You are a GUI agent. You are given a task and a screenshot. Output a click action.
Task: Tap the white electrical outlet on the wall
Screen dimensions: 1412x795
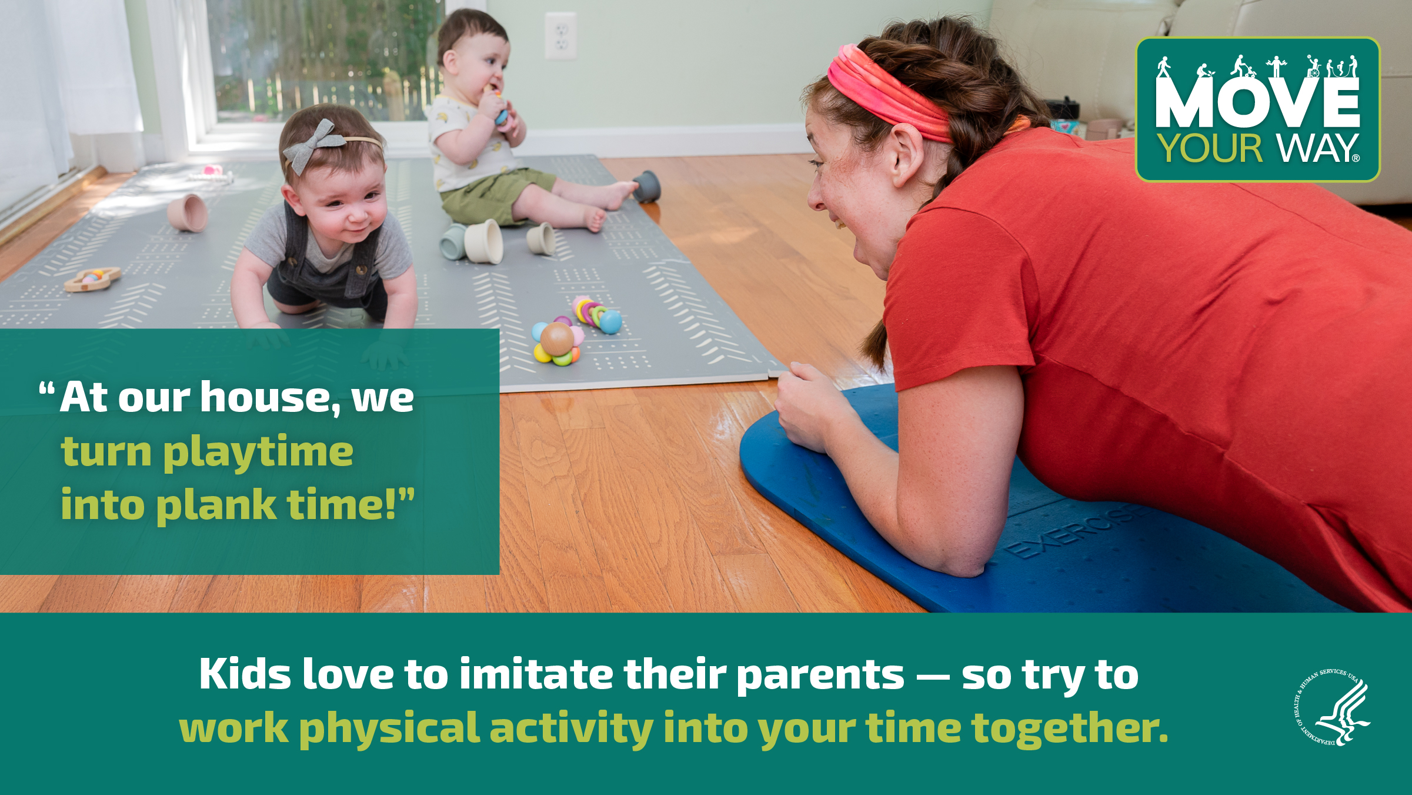(560, 36)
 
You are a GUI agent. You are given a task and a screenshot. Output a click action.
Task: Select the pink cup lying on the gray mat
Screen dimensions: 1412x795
(188, 212)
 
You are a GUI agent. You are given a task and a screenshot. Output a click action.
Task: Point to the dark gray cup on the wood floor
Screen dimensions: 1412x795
(646, 187)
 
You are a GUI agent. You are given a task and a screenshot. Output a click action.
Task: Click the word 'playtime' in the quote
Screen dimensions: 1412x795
(258, 452)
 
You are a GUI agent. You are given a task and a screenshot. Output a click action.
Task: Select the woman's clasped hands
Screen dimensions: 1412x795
(809, 406)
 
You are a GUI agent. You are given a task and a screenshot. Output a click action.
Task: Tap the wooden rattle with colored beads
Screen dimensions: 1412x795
(92, 279)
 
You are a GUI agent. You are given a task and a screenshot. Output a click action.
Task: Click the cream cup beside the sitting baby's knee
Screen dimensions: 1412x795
(484, 241)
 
